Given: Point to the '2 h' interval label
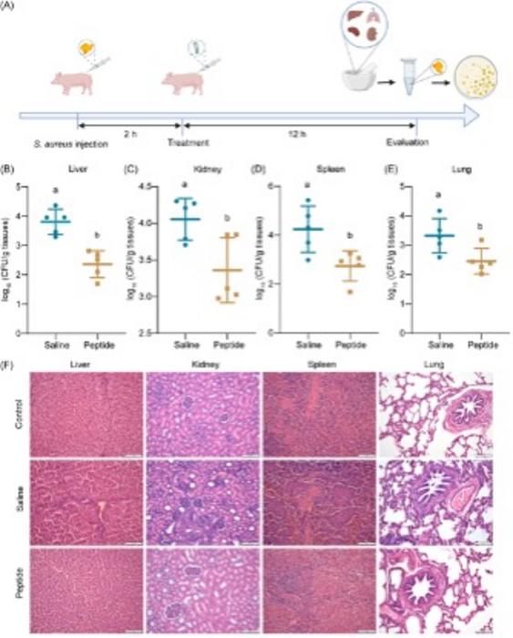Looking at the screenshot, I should coord(129,131).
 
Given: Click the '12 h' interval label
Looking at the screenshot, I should coord(298,131).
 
